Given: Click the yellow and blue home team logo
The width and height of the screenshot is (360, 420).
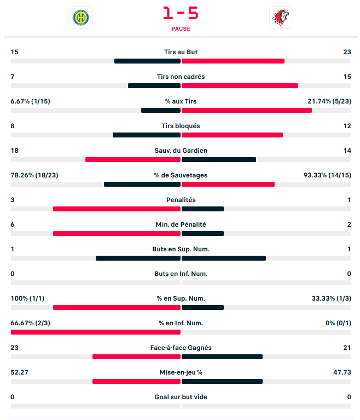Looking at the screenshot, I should pos(81,18).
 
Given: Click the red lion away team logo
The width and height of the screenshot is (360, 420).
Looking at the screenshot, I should pos(281,18).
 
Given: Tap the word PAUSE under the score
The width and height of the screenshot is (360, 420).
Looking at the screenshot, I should pos(181,28).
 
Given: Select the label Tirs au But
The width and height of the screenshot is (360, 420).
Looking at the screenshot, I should pos(181,52).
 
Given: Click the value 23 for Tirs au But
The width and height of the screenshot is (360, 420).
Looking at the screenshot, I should pos(347,52).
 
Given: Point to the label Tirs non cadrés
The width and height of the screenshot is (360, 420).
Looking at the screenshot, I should pos(181,77).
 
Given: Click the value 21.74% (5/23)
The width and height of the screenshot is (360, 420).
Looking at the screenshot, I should pos(329,101).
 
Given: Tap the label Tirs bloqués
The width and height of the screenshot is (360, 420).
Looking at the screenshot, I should pos(181,126).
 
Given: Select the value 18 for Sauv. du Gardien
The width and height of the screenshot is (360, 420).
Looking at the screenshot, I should pos(14,151).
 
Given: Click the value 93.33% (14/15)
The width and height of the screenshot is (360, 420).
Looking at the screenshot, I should pos(327,175).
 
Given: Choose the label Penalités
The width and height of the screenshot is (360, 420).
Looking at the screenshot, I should pos(181,200).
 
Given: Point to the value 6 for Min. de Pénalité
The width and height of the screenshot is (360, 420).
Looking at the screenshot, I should pos(13,225).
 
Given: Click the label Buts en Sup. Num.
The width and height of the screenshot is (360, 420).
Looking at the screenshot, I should pos(181,249).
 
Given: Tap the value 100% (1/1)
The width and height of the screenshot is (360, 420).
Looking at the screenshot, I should pos(27,298).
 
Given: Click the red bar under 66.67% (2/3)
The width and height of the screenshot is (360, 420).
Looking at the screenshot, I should pos(96,332).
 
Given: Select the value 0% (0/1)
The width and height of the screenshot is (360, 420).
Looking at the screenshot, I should pos(338,323).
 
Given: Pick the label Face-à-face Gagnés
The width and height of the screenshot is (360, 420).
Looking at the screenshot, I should pos(181,348).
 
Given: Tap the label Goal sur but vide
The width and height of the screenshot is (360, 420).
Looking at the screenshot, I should pos(181,397).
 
